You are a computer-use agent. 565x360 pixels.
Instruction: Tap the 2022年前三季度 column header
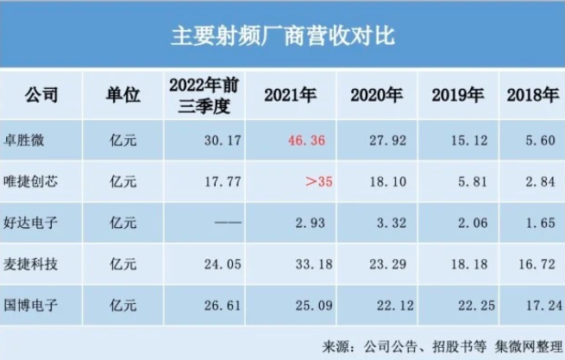[204, 95]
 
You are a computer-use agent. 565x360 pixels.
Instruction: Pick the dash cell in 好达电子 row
[227, 223]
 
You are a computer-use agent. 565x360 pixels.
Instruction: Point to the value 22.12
[386, 305]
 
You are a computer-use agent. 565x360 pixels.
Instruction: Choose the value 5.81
[471, 181]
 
